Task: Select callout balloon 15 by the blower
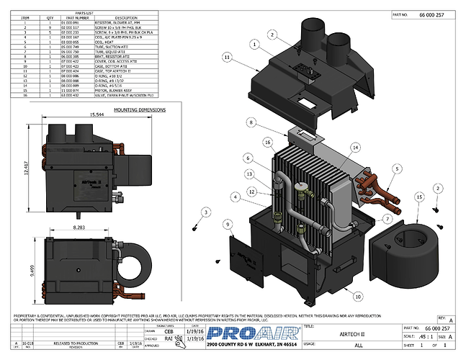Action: (418, 196)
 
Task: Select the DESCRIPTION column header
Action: (126, 17)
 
